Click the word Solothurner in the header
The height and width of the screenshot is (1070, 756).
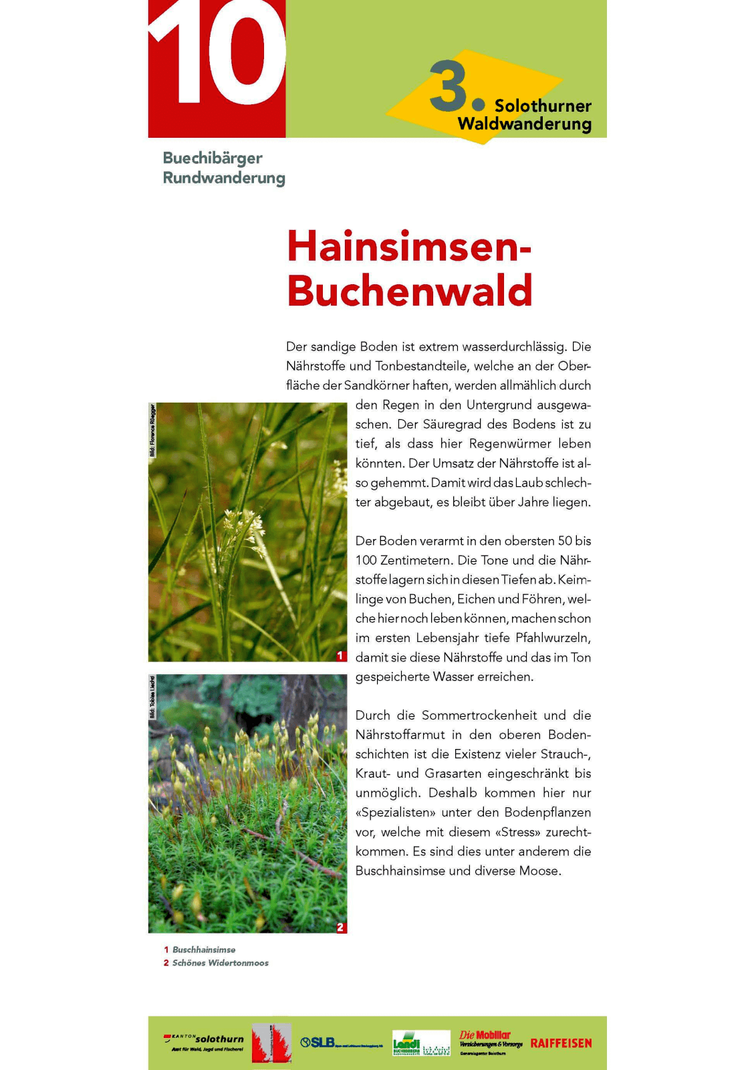pyautogui.click(x=543, y=106)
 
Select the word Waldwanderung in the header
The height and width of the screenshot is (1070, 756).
pyautogui.click(x=524, y=124)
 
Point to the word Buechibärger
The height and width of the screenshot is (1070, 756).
pyautogui.click(x=213, y=158)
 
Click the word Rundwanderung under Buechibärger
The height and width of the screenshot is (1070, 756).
pyautogui.click(x=224, y=178)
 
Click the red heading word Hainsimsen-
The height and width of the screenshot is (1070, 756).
pyautogui.click(x=409, y=246)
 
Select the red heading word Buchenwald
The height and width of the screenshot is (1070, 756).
pyautogui.click(x=410, y=290)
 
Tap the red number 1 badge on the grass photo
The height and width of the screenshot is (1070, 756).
pyautogui.click(x=340, y=655)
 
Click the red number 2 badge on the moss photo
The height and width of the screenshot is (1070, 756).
pyautogui.click(x=340, y=927)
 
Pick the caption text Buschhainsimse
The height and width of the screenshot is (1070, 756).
pyautogui.click(x=204, y=950)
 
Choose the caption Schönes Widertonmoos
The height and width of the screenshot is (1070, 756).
pyautogui.click(x=221, y=963)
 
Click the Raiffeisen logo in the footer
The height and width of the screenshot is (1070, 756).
pyautogui.click(x=561, y=1043)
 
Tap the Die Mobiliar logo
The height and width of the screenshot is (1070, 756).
pyautogui.click(x=491, y=1042)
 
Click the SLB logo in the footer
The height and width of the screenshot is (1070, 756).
pyautogui.click(x=341, y=1043)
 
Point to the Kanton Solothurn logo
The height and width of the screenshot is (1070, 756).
pyautogui.click(x=204, y=1041)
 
